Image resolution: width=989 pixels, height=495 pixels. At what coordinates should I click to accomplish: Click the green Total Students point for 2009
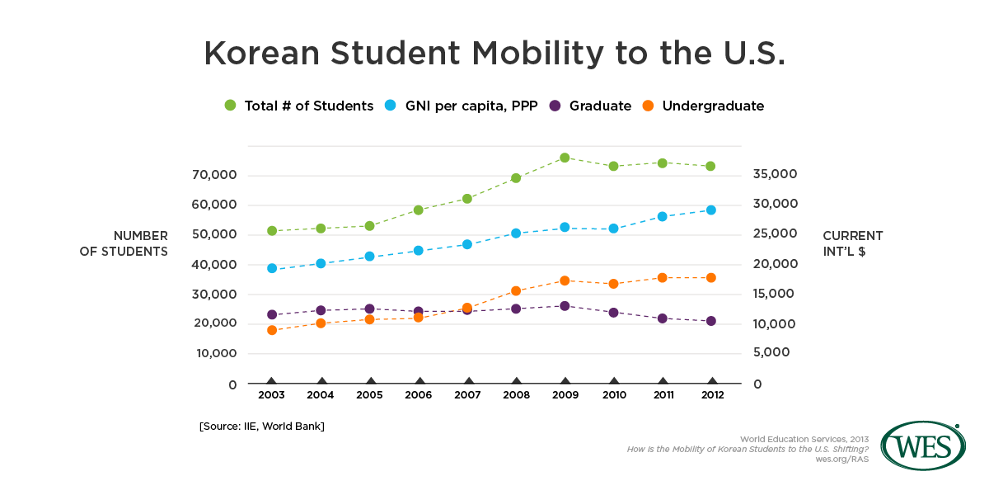tap(565, 158)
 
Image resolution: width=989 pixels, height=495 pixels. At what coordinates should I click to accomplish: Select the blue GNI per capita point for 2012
tap(711, 210)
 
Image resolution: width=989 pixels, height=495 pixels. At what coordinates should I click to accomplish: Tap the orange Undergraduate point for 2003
tap(272, 330)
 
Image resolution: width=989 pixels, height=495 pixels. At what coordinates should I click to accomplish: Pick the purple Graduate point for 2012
tap(711, 321)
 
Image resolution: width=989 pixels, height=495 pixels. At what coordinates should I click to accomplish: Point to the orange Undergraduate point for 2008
tap(516, 291)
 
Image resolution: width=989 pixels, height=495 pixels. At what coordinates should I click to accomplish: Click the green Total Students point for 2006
tap(419, 210)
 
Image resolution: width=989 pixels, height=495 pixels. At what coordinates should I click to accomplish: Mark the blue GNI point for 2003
tap(272, 268)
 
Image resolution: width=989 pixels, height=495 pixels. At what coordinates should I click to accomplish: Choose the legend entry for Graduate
tap(590, 106)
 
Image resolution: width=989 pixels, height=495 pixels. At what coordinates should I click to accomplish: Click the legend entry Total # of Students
tap(299, 106)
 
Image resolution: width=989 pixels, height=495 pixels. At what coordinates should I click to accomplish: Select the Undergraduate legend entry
tap(703, 106)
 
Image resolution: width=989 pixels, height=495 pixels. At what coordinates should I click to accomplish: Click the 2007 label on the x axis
tap(467, 395)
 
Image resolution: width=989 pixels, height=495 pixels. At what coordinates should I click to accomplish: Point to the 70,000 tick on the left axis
tap(215, 175)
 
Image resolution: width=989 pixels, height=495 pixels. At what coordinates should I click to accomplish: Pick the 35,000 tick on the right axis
tap(776, 174)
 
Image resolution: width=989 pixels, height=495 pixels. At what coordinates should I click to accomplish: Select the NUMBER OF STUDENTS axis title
tap(124, 243)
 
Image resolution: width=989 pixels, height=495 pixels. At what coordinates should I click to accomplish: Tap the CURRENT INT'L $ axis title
tap(853, 243)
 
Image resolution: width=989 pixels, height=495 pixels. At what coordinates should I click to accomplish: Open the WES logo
tap(923, 446)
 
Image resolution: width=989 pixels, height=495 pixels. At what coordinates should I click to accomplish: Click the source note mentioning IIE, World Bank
tap(261, 426)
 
